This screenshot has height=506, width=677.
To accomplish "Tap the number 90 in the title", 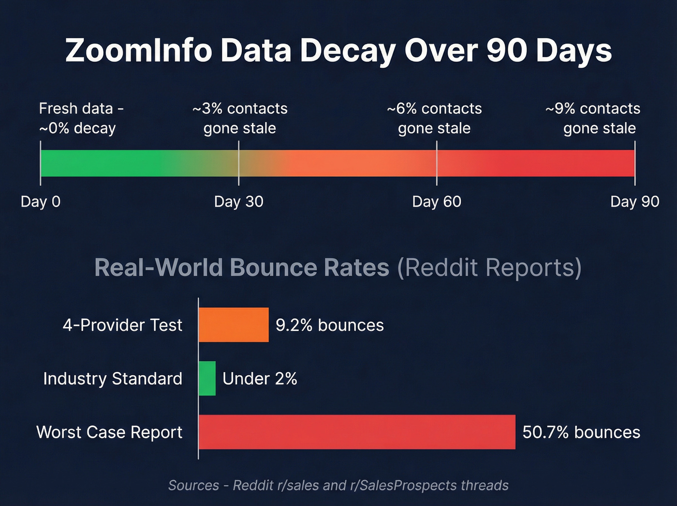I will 506,50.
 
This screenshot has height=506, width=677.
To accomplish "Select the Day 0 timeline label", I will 41,201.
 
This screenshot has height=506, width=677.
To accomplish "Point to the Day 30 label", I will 238,201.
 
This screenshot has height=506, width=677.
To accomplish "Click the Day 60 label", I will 437,201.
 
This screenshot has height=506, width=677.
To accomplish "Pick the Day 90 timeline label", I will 634,201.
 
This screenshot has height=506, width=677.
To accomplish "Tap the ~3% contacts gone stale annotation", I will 240,118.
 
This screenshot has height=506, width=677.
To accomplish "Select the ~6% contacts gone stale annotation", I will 434,118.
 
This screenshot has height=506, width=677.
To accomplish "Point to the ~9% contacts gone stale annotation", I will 593,118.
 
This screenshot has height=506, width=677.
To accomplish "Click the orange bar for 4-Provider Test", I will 234,325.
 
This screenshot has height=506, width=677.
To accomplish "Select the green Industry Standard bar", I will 207,378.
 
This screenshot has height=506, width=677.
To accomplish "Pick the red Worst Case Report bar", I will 357,432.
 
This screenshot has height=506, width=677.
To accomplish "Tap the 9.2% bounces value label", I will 330,325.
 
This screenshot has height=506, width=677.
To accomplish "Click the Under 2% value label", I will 260,378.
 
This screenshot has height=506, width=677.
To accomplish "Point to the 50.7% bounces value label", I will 581,432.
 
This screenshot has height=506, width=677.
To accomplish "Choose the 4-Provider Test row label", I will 122,325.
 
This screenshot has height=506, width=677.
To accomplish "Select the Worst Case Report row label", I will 109,432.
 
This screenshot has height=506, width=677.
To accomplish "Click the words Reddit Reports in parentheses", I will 489,267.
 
